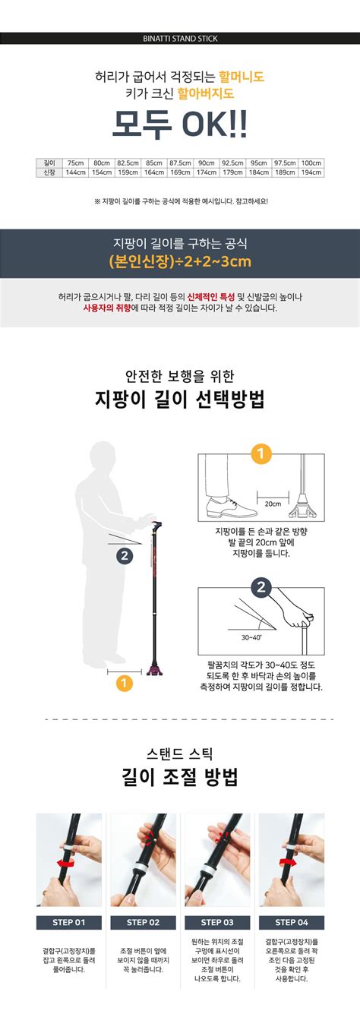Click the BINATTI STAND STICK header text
click(x=180, y=38)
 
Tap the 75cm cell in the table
click(x=75, y=163)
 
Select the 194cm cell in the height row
click(x=311, y=172)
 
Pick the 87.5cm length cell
click(x=180, y=163)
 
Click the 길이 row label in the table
click(x=50, y=163)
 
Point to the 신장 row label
click(x=50, y=172)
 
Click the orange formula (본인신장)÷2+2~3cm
click(x=180, y=262)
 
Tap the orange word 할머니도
click(x=242, y=77)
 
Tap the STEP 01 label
click(x=68, y=923)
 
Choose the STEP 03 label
click(x=216, y=923)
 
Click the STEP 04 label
click(x=291, y=923)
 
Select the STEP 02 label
click(x=143, y=923)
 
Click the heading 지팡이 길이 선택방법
click(x=180, y=400)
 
